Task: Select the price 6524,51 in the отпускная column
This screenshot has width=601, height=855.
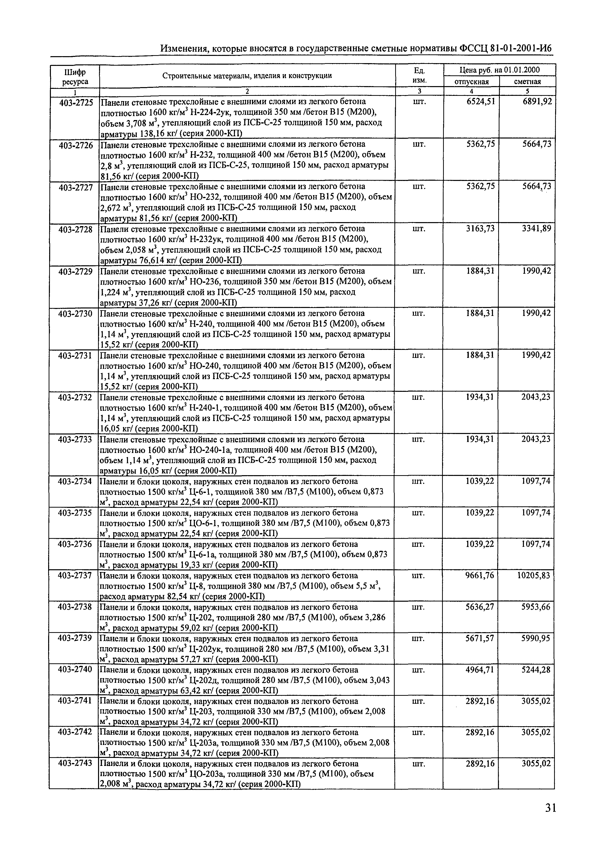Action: tap(480, 102)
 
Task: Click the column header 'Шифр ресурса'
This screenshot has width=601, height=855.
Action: tap(75, 77)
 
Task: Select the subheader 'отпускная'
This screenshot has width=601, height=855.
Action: tap(472, 82)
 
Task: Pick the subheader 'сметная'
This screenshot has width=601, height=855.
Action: tap(527, 82)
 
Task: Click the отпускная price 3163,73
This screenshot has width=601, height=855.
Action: tap(480, 229)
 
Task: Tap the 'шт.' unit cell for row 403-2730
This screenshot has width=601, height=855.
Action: tap(419, 313)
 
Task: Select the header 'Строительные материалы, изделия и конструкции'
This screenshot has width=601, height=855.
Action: tap(247, 76)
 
